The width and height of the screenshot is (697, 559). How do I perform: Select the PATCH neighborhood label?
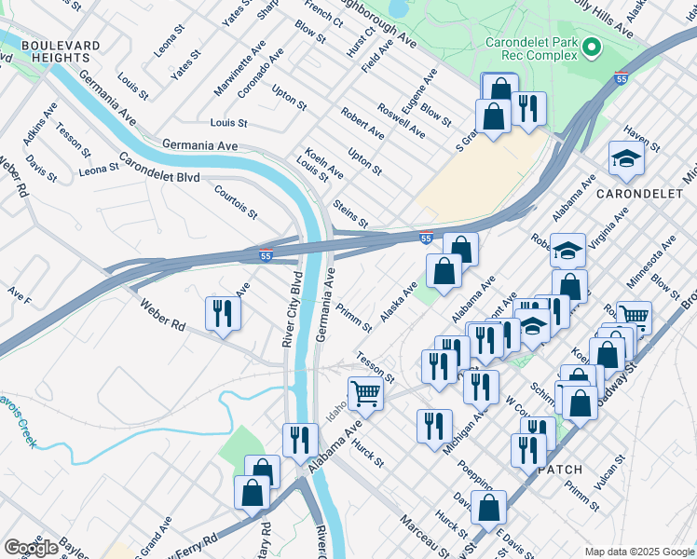tap(560, 470)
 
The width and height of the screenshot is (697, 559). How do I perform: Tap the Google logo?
tap(31, 548)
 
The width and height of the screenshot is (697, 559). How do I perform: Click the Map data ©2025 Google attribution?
tap(639, 552)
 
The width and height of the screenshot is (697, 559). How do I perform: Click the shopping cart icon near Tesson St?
tap(365, 393)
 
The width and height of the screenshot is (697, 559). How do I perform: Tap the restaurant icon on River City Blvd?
tap(299, 440)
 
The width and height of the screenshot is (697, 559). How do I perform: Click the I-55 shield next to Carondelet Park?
tap(621, 78)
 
